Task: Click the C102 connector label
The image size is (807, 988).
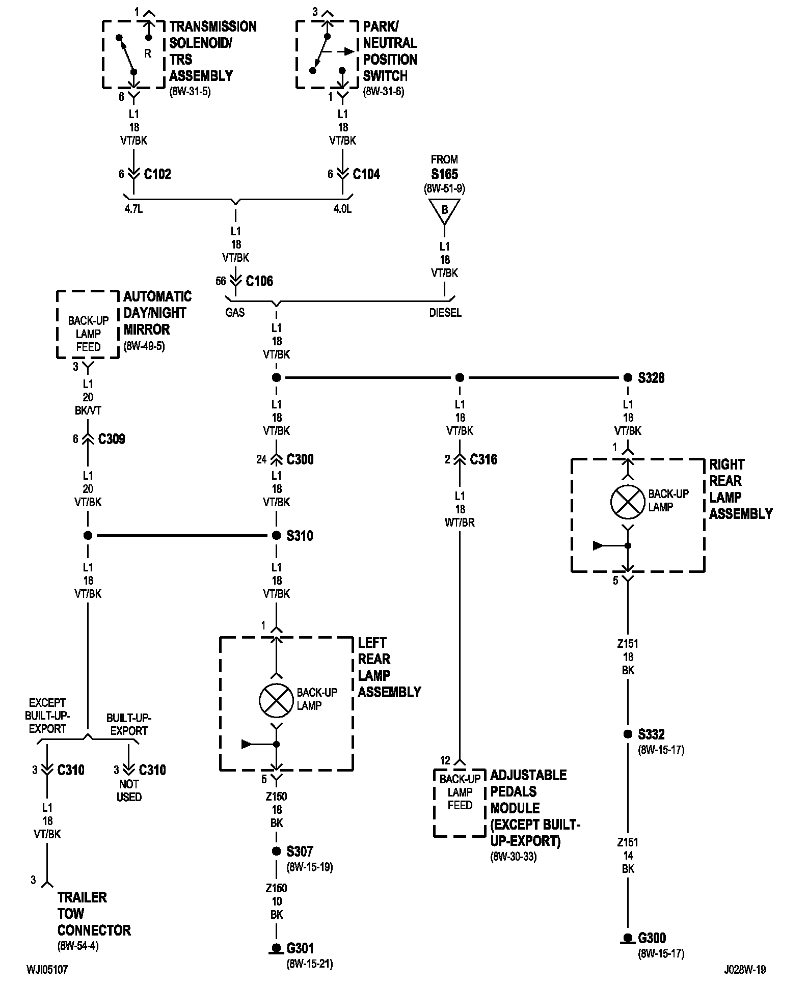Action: (x=157, y=174)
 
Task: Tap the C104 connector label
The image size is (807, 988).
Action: (x=366, y=174)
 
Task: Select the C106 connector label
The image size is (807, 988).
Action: (x=259, y=281)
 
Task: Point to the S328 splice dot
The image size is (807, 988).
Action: (x=628, y=378)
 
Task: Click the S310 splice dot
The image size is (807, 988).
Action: (x=276, y=536)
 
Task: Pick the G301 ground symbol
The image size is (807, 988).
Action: (x=276, y=948)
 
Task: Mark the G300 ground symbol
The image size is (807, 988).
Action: (x=628, y=938)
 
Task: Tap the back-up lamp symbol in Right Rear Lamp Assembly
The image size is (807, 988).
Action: (x=628, y=501)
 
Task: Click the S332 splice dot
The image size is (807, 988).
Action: (x=628, y=734)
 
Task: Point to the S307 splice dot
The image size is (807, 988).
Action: (x=276, y=852)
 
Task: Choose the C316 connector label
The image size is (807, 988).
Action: (x=483, y=459)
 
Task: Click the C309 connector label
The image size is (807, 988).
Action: (x=112, y=439)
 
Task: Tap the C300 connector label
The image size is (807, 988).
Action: (x=300, y=459)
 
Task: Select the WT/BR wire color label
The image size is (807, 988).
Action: (x=460, y=523)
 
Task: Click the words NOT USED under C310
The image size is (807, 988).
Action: (x=129, y=790)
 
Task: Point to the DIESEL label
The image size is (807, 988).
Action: (x=445, y=313)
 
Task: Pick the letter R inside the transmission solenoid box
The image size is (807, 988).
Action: (x=148, y=53)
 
